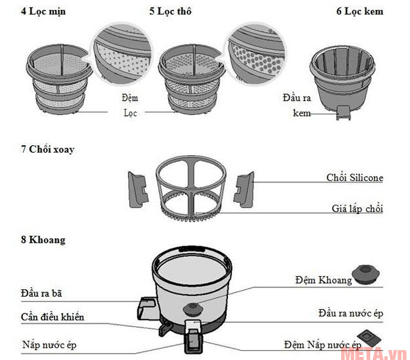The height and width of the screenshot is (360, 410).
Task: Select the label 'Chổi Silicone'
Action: (354, 178)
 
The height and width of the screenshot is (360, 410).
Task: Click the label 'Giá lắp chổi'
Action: (355, 209)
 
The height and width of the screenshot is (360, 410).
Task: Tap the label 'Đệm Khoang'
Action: (323, 280)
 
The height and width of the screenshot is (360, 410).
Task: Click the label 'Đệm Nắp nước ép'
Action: (322, 344)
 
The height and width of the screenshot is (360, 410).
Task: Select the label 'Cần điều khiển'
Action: (52, 317)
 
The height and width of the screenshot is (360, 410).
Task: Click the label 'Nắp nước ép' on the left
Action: (49, 343)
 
